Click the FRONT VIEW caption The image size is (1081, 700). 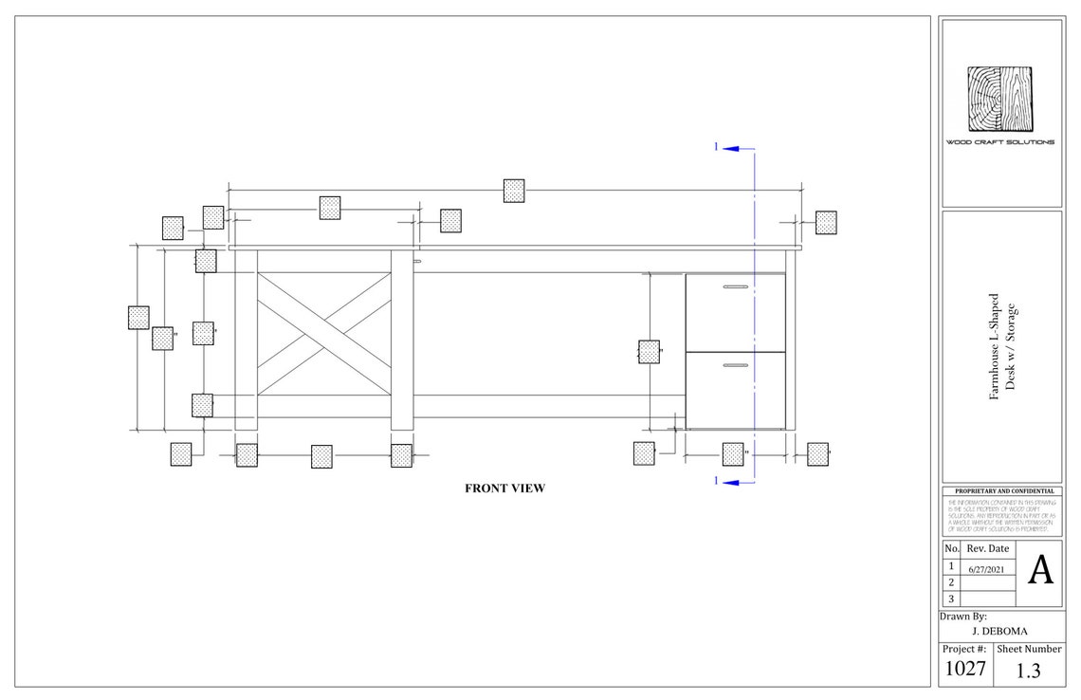(504, 488)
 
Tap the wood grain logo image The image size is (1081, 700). (999, 99)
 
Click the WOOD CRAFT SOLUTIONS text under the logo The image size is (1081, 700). (999, 142)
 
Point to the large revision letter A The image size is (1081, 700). (1040, 571)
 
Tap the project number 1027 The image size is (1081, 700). (964, 670)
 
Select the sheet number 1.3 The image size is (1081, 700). (1028, 671)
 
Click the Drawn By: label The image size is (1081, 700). (962, 616)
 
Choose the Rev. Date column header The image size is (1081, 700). (988, 549)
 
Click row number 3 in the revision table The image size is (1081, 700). (951, 599)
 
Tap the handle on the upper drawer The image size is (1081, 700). (734, 286)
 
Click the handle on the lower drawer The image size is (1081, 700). (734, 364)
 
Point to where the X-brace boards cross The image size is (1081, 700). (324, 333)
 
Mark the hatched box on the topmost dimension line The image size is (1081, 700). (514, 190)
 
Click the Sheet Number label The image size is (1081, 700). (1028, 649)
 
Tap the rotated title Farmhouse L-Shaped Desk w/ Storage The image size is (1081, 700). (1001, 346)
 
